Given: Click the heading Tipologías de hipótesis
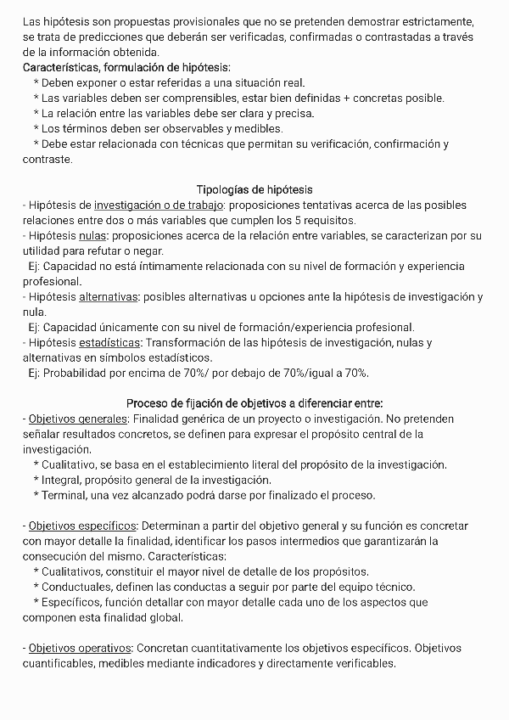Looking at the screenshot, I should [x=255, y=189].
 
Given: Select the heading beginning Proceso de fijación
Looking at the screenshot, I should [x=255, y=403].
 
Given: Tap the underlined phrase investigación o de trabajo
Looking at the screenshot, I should [x=159, y=205].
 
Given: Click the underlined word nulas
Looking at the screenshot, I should [x=93, y=235].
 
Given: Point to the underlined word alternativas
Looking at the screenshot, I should [x=108, y=296].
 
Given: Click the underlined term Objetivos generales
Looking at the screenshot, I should [x=77, y=419].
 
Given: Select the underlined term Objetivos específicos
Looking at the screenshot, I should [x=83, y=526].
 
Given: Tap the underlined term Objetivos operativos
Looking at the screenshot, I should [x=81, y=648].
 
